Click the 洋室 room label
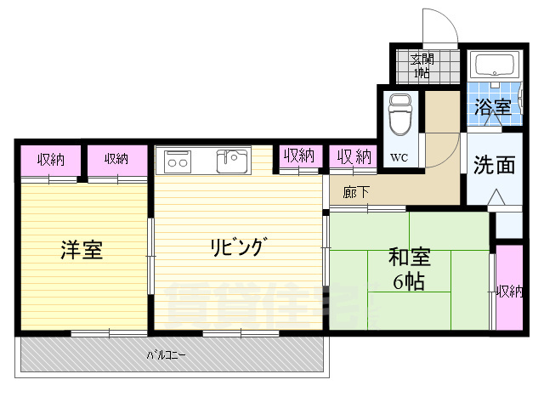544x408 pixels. [82, 251]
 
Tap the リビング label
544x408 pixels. [240, 248]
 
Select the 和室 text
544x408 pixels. [409, 256]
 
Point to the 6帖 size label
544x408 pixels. [409, 282]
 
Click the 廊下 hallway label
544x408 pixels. [356, 192]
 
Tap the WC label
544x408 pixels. [399, 157]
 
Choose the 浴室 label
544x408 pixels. [493, 108]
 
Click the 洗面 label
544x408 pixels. [494, 164]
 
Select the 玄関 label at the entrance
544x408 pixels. [422, 59]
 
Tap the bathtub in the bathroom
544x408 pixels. [494, 66]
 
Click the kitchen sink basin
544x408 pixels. [231, 159]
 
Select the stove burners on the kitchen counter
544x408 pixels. [178, 160]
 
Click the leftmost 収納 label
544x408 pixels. [49, 158]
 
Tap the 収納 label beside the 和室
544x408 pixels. [510, 292]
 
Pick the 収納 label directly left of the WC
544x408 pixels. [354, 156]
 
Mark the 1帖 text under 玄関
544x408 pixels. [422, 72]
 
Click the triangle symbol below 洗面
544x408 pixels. [496, 198]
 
